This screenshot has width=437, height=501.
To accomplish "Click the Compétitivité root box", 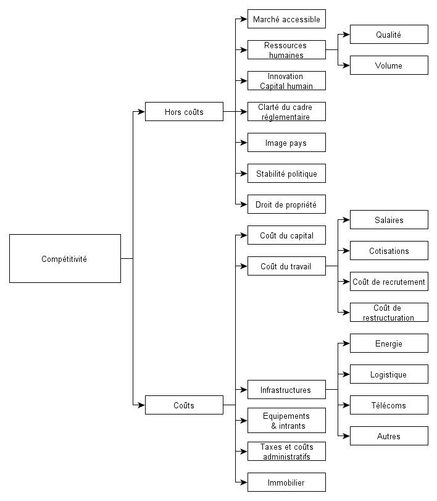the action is pos(65,258).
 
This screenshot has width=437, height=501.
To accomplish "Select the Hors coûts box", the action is pos(184,112).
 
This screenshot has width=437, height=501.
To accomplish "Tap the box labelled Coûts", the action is pos(184,405).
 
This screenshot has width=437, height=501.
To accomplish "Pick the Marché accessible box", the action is pos(286,19).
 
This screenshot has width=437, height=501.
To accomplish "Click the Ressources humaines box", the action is pos(286,50).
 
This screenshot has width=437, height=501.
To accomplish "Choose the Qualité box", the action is pos(389,34).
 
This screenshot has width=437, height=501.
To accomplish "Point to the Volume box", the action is pos(389,65).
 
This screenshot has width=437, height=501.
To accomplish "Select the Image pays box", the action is pos(286,143).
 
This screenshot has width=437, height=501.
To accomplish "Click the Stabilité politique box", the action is pos(286,173).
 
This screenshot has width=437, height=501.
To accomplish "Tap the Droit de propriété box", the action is pos(286,204).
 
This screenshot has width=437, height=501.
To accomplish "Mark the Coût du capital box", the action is pos(286,235).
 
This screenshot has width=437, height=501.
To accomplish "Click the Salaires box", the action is pos(389,219).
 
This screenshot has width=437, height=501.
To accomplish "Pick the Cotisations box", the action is pos(389,251).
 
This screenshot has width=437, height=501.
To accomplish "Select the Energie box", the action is pos(389,343).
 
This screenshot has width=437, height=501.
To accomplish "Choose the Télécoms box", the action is pos(389,405).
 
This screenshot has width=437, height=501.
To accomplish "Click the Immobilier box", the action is pos(286,482).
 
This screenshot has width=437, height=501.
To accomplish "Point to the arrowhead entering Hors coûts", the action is pos(141,112).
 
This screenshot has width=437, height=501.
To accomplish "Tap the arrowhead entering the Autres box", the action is pos(346,436).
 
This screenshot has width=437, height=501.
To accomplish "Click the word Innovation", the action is pos(285,77).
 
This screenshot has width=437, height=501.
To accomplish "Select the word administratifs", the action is pos(286,457).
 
